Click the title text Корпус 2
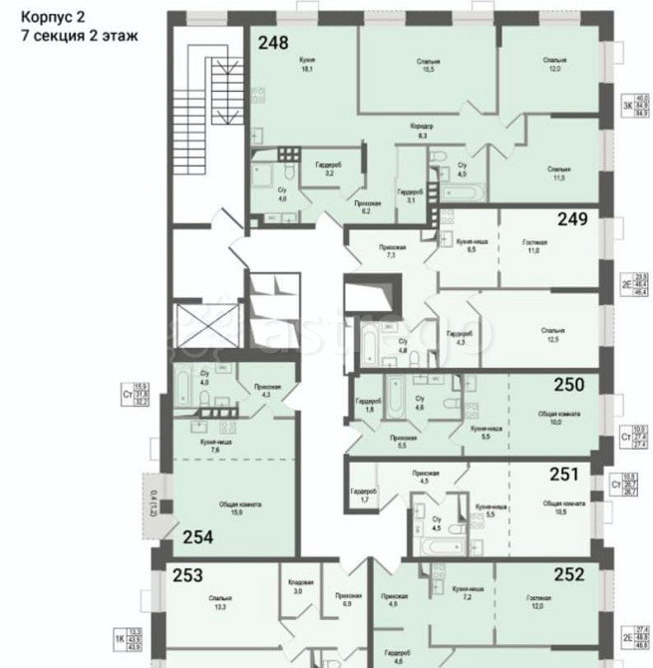(52, 15)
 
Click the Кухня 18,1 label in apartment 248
(306, 65)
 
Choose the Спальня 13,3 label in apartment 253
(220, 601)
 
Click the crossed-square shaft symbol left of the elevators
(203, 325)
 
